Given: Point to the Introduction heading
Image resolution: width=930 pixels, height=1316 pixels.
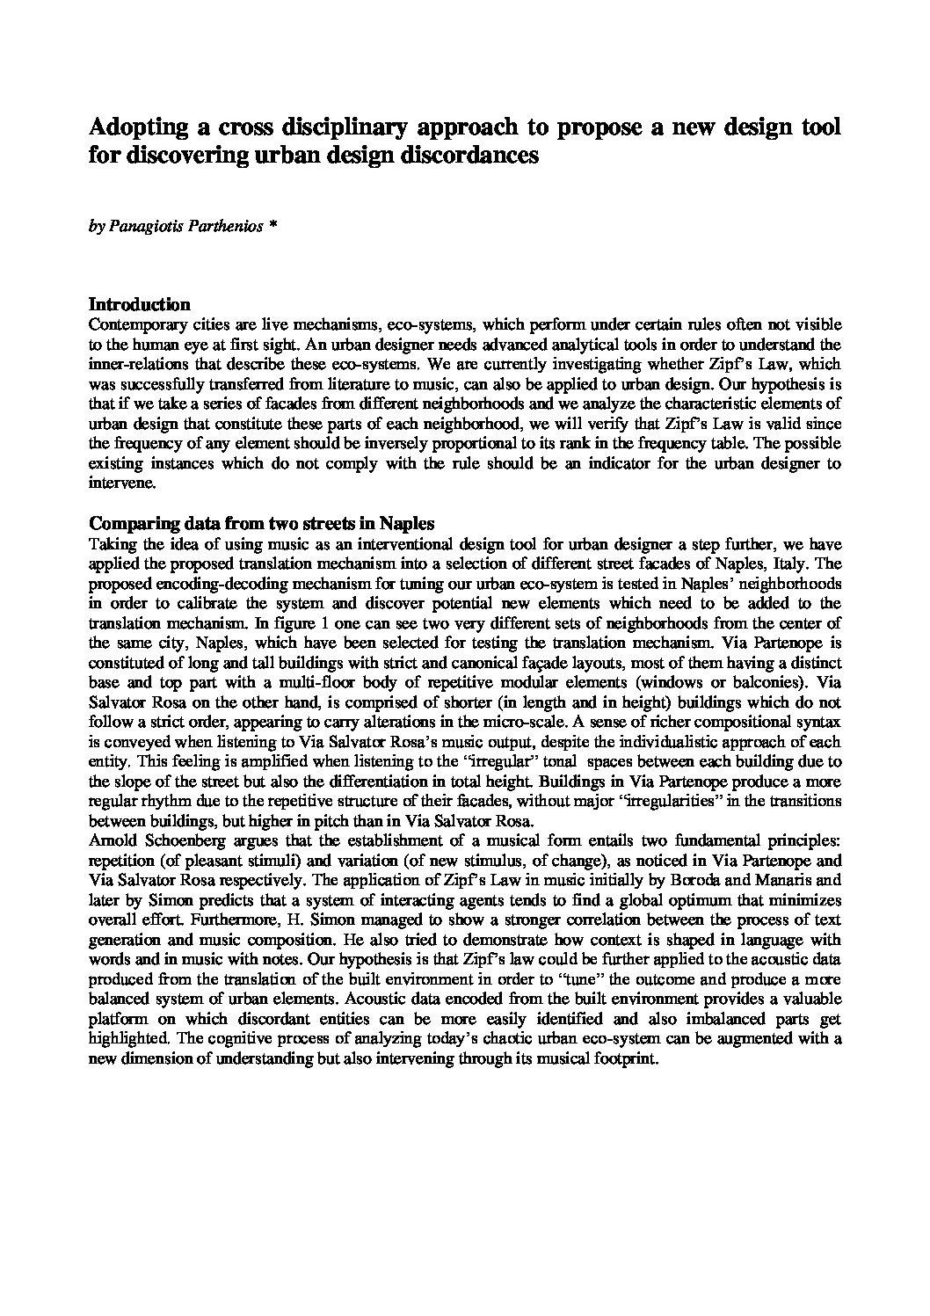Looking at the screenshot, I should pyautogui.click(x=140, y=305).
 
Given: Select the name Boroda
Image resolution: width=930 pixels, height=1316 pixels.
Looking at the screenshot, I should pyautogui.click(x=715, y=880).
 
